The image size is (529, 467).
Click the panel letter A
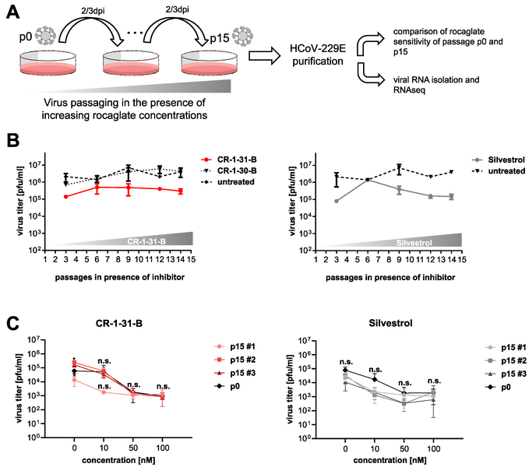pos(12,11)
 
